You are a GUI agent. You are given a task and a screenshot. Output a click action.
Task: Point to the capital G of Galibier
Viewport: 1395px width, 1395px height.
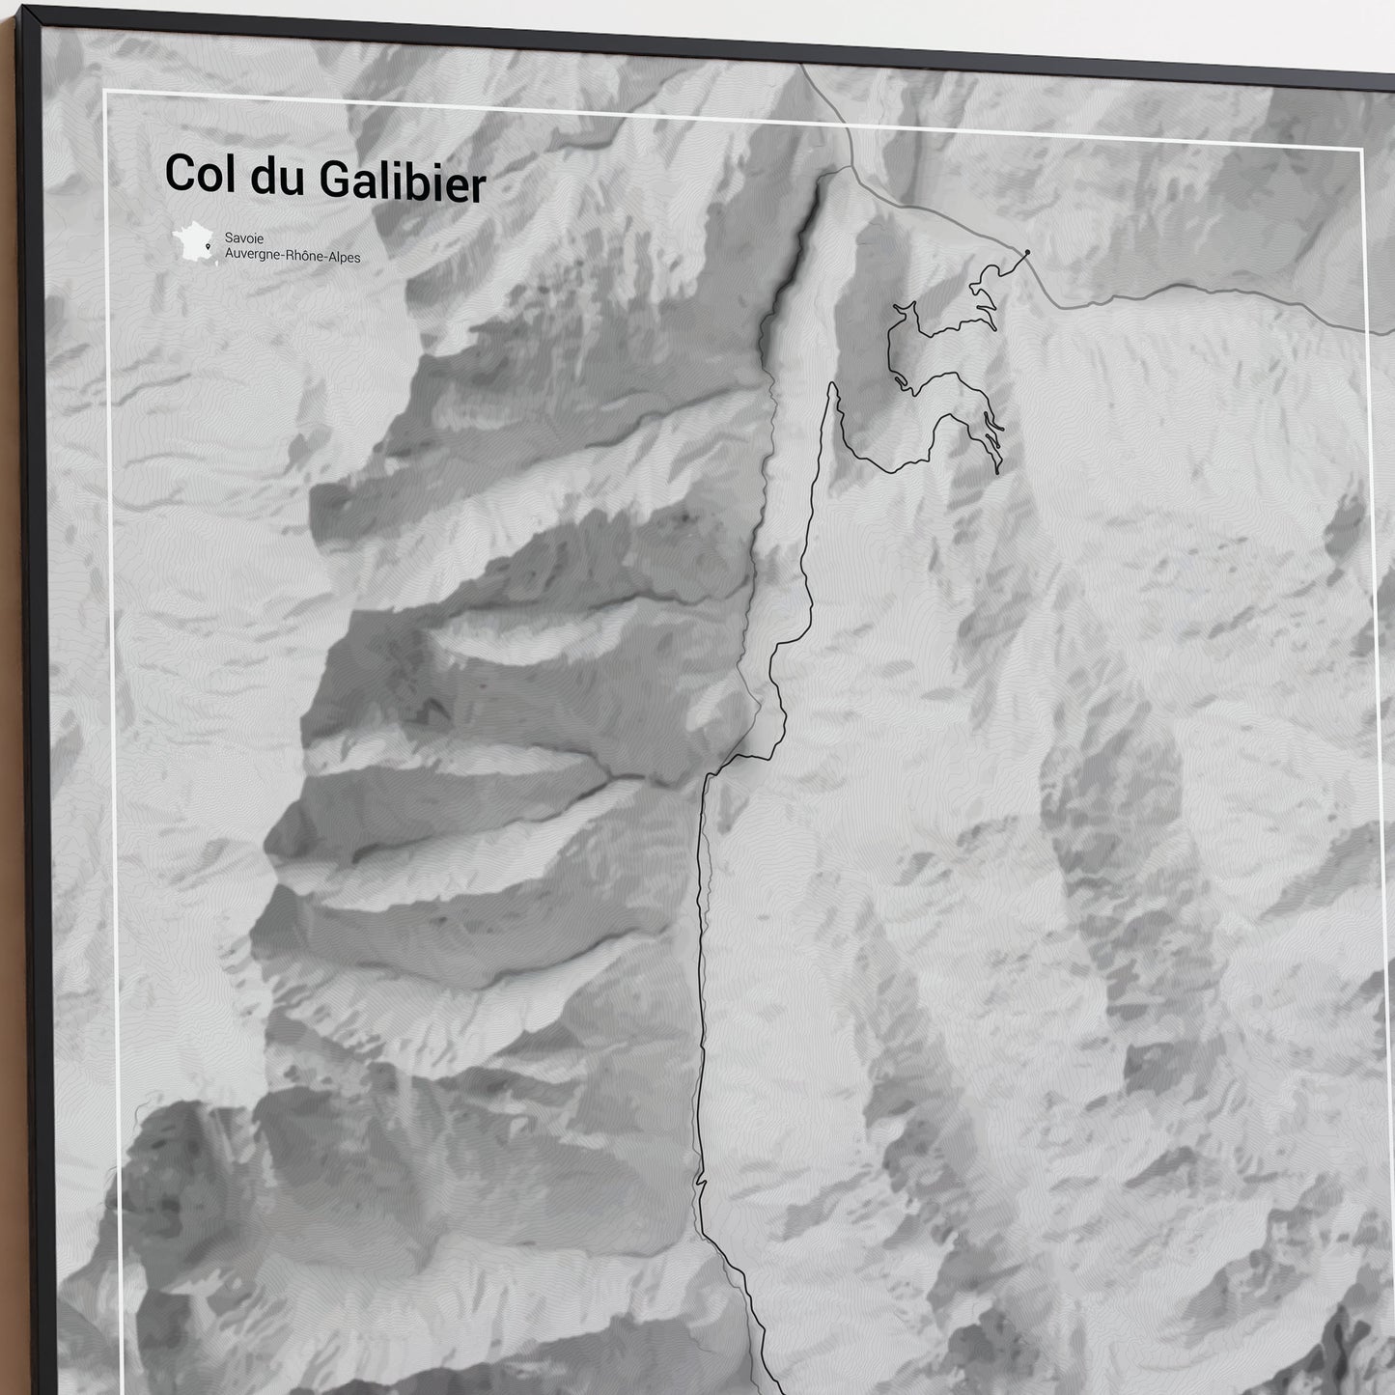coord(335,180)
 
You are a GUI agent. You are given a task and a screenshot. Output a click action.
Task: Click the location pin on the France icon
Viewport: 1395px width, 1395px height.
coord(208,247)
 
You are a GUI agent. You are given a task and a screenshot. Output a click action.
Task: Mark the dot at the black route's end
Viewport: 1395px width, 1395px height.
coord(1027,253)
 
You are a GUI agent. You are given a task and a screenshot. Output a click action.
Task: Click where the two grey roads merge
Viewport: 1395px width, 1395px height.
coord(852,166)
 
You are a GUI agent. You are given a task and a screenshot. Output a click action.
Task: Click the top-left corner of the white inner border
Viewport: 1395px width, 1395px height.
coord(104,92)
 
